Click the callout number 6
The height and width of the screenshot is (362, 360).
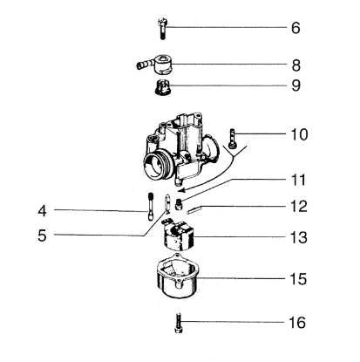coord(295,28)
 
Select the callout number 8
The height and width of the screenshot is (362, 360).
coord(295,65)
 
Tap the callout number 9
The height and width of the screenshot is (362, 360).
coord(295,85)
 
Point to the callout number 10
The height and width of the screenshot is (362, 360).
coord(299,134)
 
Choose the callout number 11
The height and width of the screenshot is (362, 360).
coord(299,181)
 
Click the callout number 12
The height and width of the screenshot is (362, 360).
coord(299,207)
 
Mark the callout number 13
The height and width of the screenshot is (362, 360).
coord(299,237)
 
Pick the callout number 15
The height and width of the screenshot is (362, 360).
coord(298,279)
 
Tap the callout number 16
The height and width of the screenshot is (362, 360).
coord(297,323)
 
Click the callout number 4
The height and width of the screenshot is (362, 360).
coord(42,211)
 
